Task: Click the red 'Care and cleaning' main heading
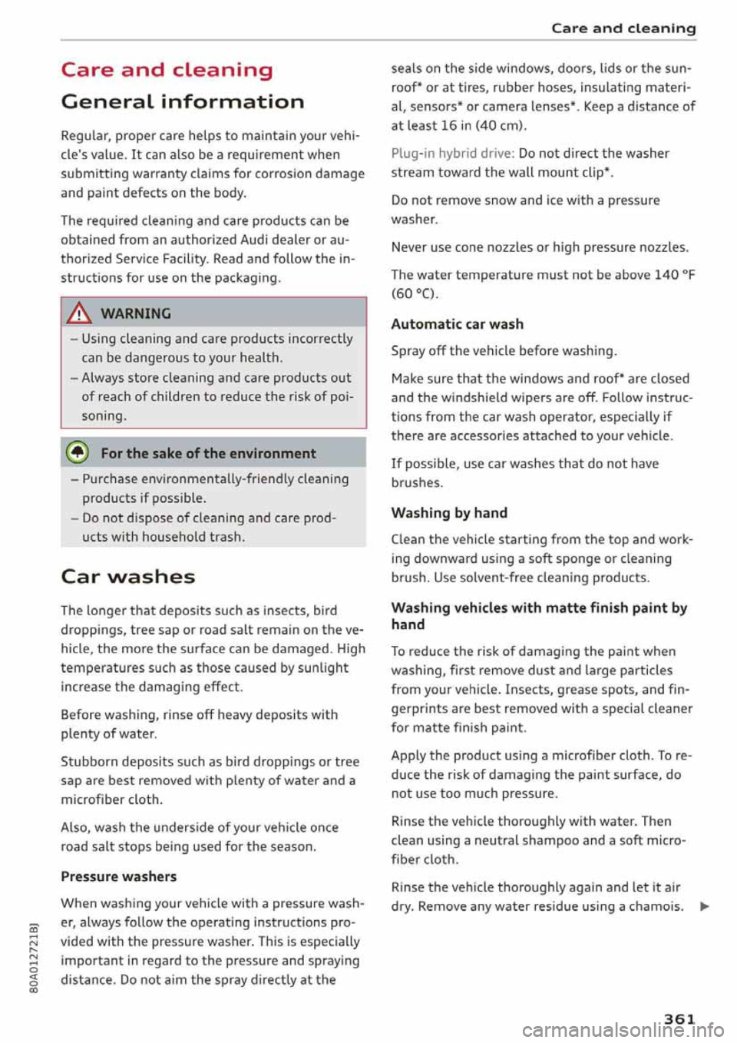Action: pos(167,70)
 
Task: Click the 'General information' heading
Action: pos(182,101)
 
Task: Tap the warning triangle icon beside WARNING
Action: pos(79,313)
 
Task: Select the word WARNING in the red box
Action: pos(136,313)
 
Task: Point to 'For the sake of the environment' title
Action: pos(208,453)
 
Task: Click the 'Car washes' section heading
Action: pos(127,576)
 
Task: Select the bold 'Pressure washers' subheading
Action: pos(118,876)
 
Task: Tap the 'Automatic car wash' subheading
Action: pos(457,324)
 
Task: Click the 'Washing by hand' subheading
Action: pos(449,512)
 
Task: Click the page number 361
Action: pos(679,1018)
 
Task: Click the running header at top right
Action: pos(623,28)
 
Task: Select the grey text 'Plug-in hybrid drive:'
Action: pos(452,153)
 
